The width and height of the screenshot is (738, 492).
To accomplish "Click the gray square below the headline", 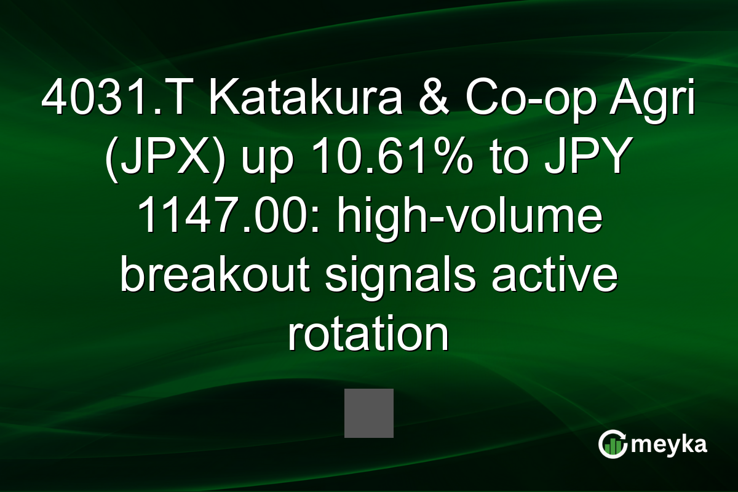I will (368, 413).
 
